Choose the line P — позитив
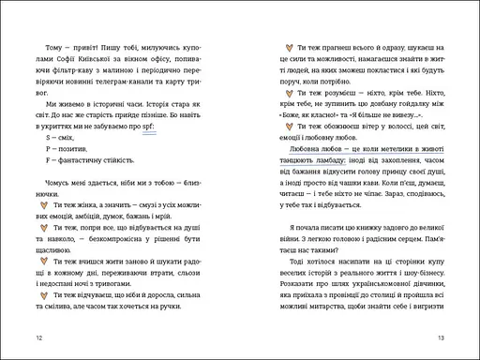[66, 152]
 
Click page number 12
[37, 337]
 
